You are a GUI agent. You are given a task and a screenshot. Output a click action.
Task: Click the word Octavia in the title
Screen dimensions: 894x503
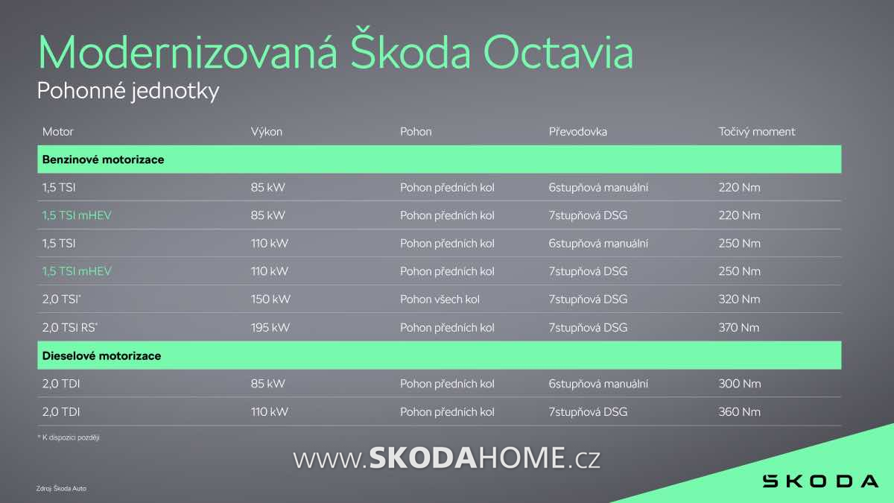point(558,53)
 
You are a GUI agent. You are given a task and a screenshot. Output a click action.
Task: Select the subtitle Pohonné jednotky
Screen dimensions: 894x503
point(128,91)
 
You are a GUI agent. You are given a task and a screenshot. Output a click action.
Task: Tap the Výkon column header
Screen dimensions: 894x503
point(267,132)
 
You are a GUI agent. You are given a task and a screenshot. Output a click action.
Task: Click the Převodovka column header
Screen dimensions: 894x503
point(578,131)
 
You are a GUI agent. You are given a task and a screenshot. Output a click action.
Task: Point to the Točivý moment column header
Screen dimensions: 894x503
point(757,132)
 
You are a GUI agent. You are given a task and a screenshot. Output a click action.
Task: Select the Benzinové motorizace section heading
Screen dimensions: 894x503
point(103,159)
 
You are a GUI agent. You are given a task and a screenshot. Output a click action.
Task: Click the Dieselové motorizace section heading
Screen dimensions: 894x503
point(101,355)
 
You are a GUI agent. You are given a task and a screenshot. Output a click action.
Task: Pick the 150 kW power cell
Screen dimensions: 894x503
point(270,300)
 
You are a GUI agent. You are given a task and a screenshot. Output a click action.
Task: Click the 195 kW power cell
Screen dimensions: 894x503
point(270,328)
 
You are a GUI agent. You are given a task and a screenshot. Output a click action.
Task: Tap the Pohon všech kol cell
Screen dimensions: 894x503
point(440,300)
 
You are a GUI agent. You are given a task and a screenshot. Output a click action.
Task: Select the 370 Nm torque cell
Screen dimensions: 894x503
point(739,328)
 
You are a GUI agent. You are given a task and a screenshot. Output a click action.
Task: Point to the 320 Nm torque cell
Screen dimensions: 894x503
point(740,300)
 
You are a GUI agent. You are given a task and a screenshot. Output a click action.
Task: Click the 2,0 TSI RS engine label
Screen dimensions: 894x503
point(70,328)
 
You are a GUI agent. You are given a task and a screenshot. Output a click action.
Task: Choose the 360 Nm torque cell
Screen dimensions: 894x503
point(740,412)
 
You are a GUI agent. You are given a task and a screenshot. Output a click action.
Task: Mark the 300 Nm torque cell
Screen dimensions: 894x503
point(740,384)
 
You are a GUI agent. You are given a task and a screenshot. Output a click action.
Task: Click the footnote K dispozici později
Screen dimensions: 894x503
point(69,437)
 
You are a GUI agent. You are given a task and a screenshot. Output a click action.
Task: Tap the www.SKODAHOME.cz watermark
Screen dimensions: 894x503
point(446,458)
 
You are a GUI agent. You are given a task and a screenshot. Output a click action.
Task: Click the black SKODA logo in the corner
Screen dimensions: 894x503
point(820,481)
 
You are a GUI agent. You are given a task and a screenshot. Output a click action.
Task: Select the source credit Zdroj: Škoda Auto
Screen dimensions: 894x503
point(61,488)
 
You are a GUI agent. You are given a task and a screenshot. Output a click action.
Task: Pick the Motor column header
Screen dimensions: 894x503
point(58,132)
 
